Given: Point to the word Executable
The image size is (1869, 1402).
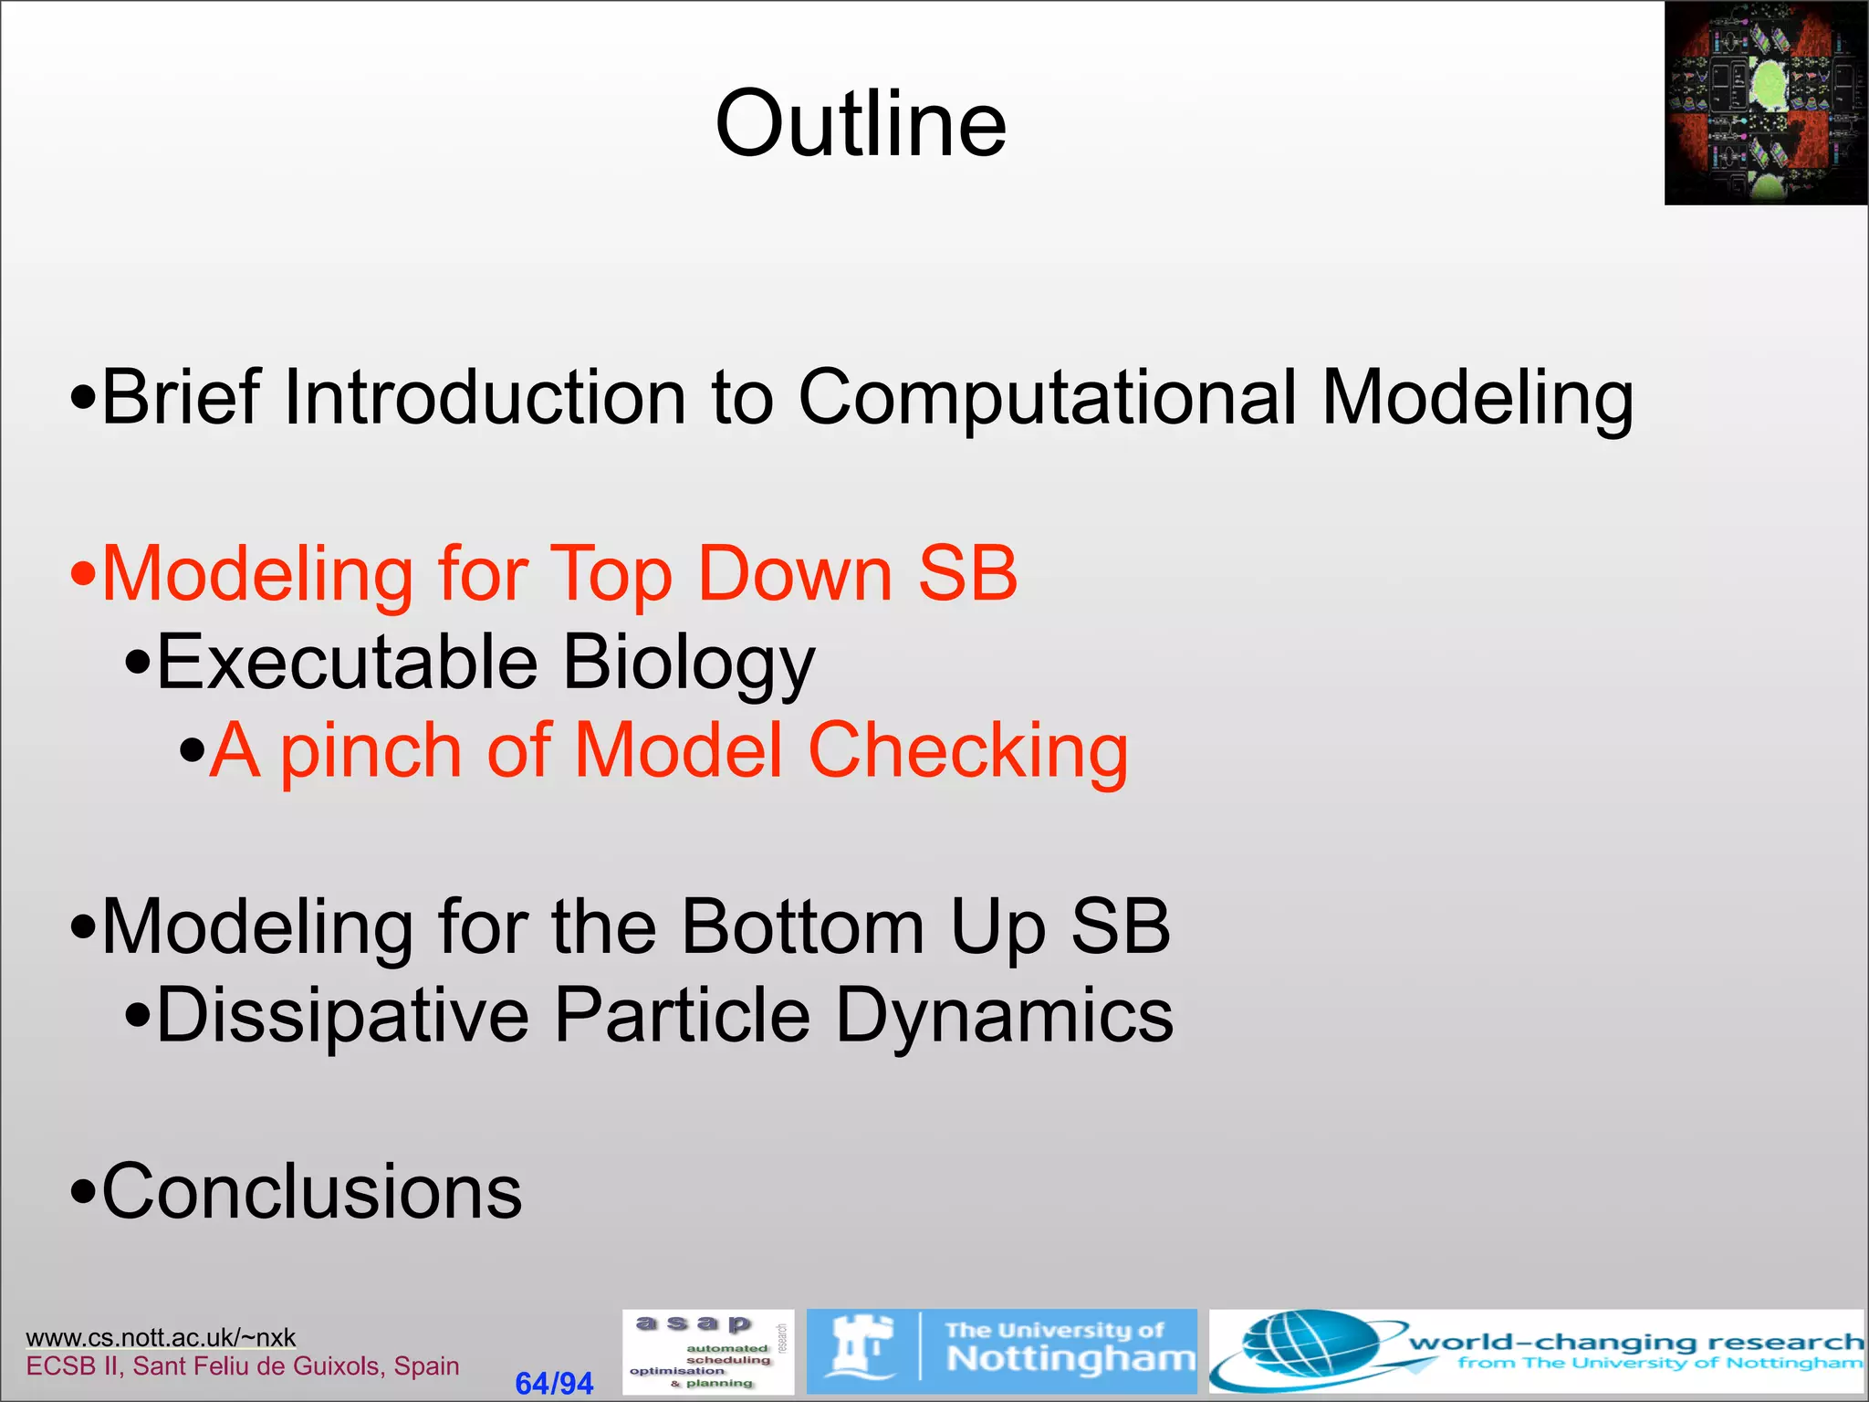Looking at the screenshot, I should pos(347,662).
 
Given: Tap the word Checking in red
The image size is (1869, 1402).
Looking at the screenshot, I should pos(967,751).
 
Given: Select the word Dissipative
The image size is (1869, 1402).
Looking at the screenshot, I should pos(342,1015).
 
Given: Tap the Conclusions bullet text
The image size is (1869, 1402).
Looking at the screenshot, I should pos(311,1191).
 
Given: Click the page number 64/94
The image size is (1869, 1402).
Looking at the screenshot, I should pos(554,1383).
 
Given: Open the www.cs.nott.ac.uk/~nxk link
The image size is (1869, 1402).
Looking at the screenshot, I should pos(161,1337).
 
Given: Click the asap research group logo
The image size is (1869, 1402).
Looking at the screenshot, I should pos(707,1352).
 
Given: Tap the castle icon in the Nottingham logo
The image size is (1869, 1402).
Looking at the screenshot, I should pos(861,1346).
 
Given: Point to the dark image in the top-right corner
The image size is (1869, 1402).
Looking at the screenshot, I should pos(1765,103).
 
